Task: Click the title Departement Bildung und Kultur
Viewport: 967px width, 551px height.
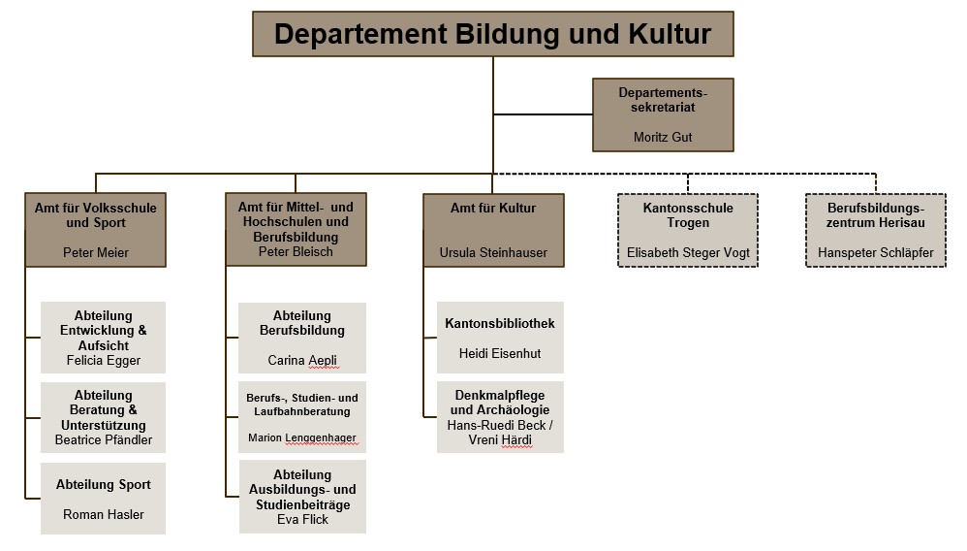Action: coord(492,34)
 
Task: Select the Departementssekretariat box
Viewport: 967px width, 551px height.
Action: coord(663,113)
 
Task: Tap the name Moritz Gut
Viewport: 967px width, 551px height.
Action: coord(663,138)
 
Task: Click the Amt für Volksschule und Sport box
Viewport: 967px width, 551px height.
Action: coord(95,229)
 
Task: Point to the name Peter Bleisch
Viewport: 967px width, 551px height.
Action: coord(296,252)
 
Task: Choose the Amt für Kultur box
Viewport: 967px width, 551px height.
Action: coord(492,229)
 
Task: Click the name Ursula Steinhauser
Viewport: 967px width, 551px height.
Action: coord(492,252)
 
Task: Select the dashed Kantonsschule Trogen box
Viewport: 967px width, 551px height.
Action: coord(688,229)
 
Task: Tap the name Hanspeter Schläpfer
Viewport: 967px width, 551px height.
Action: coord(875,252)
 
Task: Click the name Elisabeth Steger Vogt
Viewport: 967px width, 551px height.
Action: coord(688,252)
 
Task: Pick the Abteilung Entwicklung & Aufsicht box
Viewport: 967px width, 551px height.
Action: coord(103,337)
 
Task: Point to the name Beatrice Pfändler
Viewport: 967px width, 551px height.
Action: coord(103,439)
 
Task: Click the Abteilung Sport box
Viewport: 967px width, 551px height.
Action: coord(103,499)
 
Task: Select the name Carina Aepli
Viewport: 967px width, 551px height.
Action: coord(302,360)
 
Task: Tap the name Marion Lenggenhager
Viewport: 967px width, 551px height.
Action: coord(302,438)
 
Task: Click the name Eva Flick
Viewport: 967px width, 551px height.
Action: coord(302,519)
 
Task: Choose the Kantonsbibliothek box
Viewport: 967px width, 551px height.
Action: coord(500,338)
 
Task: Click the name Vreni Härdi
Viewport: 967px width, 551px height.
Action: coord(500,440)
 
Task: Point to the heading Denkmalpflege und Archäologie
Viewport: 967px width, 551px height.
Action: coord(500,403)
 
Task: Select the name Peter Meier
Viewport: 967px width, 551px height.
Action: coord(95,252)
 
